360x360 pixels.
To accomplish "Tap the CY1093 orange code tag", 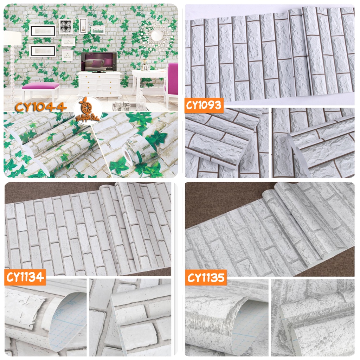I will [204, 105].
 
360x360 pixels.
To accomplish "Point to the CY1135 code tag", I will [206, 277].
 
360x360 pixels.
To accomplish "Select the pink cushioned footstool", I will [41, 86].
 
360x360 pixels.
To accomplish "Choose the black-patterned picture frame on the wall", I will [66, 26].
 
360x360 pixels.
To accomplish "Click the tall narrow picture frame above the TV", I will [83, 25].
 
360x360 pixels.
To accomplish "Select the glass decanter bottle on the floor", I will [141, 103].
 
